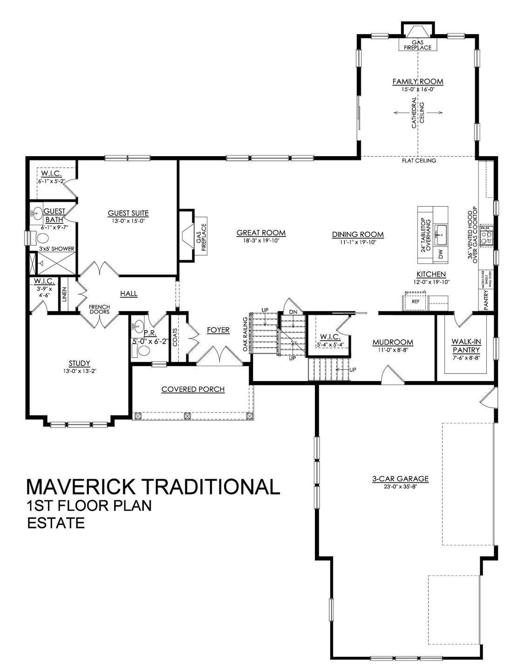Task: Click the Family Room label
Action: point(417,82)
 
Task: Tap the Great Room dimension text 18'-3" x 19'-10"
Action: point(261,240)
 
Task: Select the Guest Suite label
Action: point(128,213)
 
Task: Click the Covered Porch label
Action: point(193,389)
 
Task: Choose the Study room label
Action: point(79,363)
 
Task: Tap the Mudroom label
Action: point(393,342)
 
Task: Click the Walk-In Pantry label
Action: point(466,345)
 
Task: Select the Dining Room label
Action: point(358,234)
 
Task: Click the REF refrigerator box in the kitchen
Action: point(416,302)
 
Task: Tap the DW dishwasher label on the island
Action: point(440,254)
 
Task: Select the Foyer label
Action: point(218,330)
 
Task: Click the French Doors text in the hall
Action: point(99,309)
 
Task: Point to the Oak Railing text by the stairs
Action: point(244,334)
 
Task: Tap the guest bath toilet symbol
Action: point(42,238)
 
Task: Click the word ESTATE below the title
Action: point(56,523)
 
